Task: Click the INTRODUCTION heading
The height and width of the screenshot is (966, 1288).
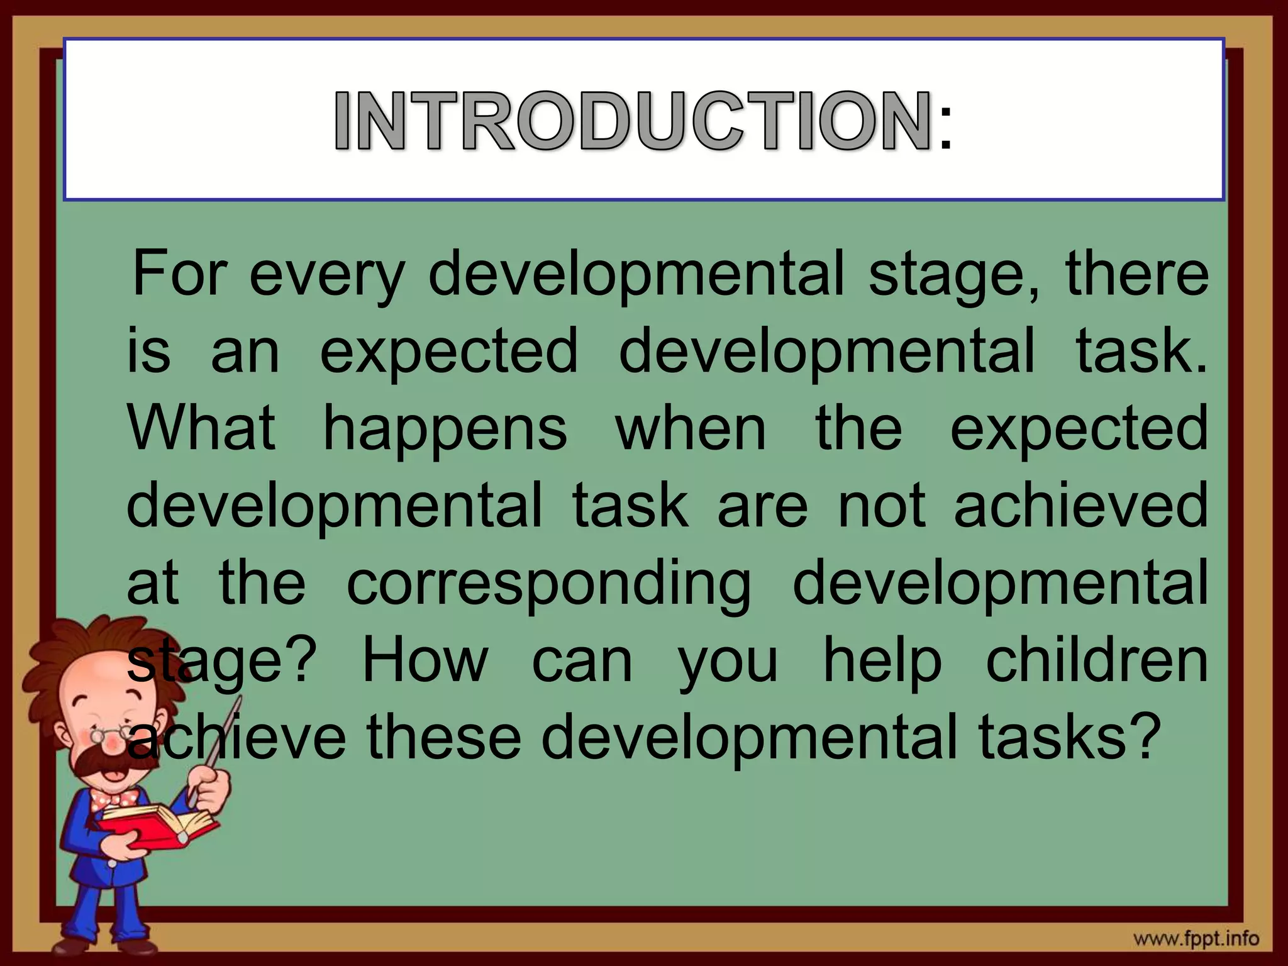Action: pos(633,120)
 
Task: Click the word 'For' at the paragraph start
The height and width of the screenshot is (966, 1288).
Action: pos(179,274)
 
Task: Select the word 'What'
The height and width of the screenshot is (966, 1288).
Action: pos(202,428)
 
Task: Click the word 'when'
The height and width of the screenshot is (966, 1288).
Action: pos(691,428)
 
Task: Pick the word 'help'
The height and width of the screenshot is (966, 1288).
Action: pos(883,662)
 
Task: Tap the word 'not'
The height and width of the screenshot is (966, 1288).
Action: pos(882,507)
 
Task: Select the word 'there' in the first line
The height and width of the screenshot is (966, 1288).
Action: pos(1137,274)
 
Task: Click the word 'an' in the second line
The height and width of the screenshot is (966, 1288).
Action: pos(245,353)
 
